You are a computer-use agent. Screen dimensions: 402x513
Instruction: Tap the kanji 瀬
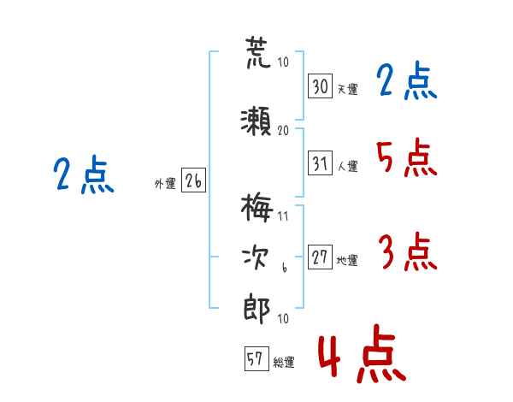tap(256, 121)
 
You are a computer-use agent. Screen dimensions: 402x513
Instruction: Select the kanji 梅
tap(256, 206)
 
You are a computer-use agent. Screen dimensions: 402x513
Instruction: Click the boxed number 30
tap(321, 86)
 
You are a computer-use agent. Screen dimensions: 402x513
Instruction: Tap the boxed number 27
tap(321, 258)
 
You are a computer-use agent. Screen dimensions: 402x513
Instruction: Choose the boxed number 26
tap(193, 180)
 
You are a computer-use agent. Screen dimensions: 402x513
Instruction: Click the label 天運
tap(347, 89)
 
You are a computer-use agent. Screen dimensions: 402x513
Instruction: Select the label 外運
tap(165, 183)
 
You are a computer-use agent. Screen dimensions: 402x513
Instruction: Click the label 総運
tap(284, 362)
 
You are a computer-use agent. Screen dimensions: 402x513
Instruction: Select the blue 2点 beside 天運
tap(406, 83)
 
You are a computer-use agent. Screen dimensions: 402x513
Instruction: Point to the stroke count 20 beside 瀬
tap(284, 130)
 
